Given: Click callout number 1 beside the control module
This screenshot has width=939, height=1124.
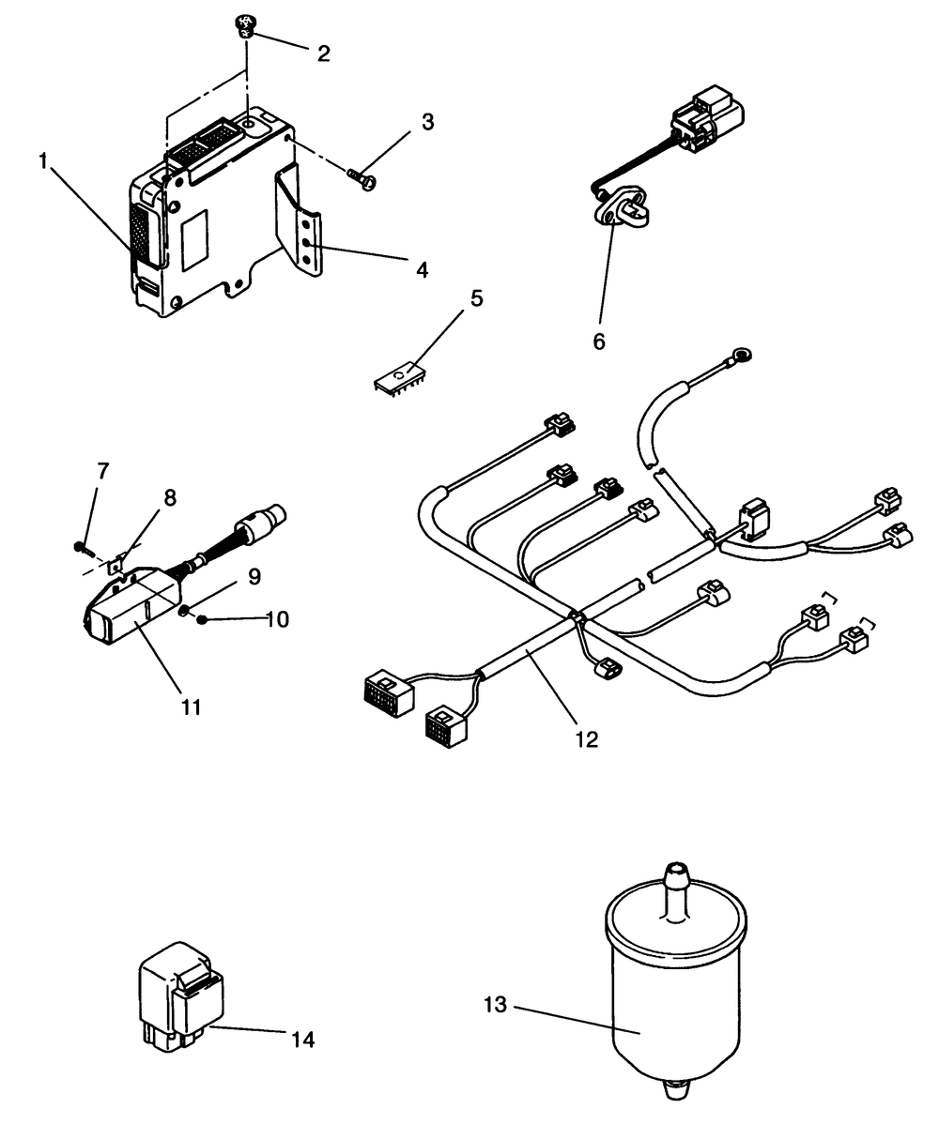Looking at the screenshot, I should tap(43, 162).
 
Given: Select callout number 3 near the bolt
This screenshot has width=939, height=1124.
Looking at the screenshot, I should tap(427, 122).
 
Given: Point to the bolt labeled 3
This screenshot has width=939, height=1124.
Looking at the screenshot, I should tap(362, 178).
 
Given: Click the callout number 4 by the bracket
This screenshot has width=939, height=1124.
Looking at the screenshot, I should tap(422, 270).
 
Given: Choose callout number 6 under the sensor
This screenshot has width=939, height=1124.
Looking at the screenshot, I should tap(598, 342).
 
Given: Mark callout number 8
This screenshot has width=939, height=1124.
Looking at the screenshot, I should tap(169, 498).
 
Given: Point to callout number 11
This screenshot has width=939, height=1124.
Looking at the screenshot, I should tap(192, 706).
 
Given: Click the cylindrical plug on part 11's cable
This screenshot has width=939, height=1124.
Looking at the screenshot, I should tap(264, 519).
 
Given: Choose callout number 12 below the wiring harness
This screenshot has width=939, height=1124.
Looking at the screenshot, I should tap(586, 739).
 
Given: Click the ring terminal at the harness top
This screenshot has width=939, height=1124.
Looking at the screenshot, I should tap(740, 355).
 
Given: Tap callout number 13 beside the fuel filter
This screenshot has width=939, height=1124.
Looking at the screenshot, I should tap(496, 1006).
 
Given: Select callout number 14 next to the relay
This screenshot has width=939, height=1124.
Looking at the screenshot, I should tap(302, 1039).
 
